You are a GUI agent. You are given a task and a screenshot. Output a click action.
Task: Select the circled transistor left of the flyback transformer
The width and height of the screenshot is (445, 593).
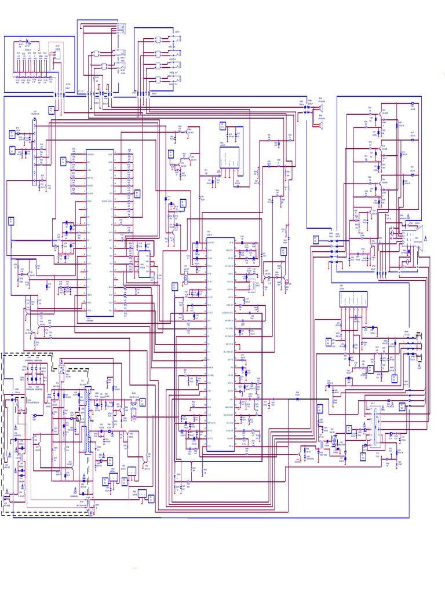[334, 442]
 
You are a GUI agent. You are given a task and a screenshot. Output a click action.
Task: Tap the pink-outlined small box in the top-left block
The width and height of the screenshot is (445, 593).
[57, 49]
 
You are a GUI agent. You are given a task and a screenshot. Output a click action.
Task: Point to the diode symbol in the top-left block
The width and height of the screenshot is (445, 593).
[23, 43]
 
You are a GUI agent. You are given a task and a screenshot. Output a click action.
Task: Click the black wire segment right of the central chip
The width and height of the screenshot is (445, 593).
[278, 398]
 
